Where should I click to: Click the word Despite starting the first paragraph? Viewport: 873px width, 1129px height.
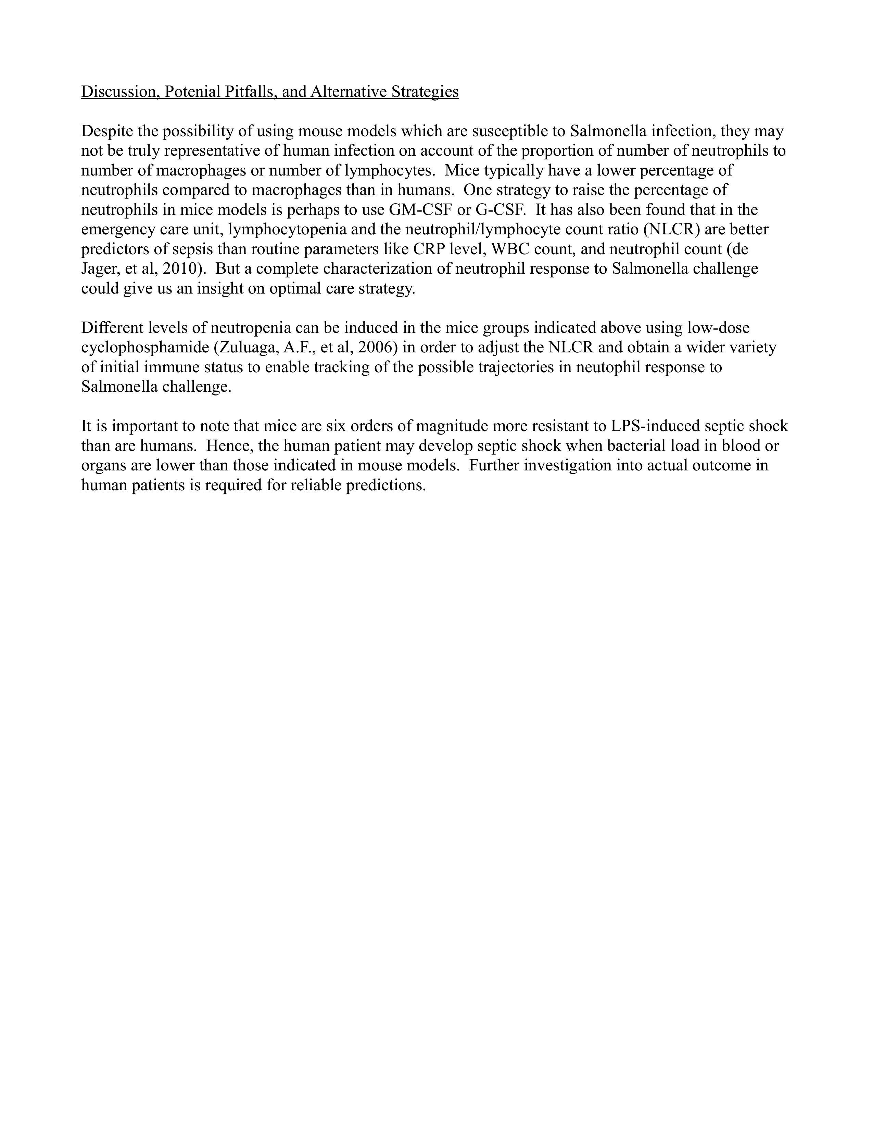[106, 132]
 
